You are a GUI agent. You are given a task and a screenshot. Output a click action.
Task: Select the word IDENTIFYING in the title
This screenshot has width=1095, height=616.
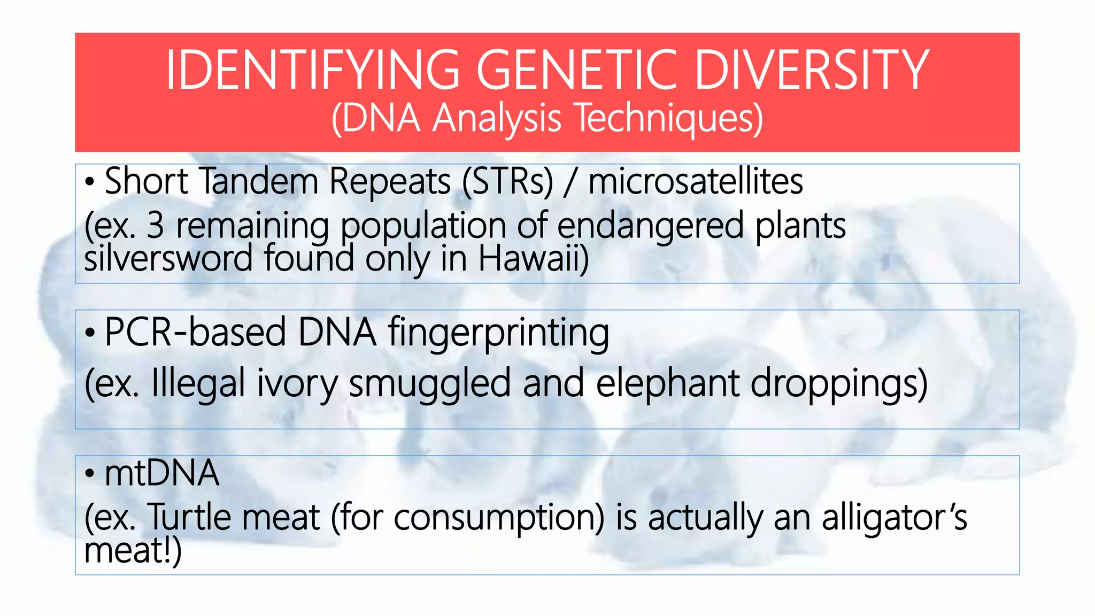[313, 70]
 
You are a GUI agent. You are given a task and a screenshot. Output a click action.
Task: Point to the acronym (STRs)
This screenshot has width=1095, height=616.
[508, 181]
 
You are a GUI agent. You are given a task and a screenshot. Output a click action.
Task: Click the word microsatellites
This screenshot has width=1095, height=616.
[695, 181]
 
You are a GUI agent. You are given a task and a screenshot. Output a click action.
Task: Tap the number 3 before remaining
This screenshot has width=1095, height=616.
[155, 226]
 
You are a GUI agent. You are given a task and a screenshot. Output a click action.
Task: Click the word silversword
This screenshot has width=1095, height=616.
[168, 259]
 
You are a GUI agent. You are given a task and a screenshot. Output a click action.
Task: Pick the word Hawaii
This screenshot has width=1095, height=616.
[533, 259]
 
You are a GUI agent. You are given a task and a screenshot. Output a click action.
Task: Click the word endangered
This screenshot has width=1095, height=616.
[650, 226]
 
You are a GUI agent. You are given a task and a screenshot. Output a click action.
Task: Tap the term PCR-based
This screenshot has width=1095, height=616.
[195, 332]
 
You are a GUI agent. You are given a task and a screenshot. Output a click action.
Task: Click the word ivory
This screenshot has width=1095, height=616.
[297, 384]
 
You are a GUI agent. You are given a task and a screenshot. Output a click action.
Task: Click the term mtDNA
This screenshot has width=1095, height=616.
[161, 473]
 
